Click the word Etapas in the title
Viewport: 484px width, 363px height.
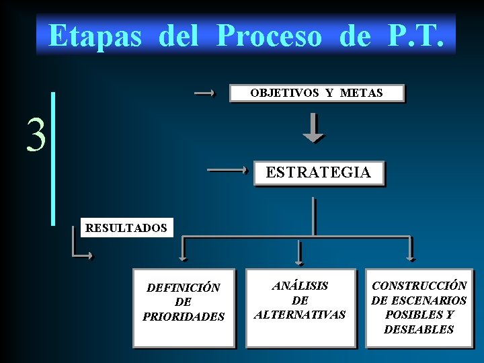point(95,36)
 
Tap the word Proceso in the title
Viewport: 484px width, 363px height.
point(269,36)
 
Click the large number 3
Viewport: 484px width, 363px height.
point(36,134)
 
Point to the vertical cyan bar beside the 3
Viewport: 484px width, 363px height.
point(53,158)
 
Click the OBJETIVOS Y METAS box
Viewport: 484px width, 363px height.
point(317,93)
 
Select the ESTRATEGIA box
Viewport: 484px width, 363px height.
point(319,173)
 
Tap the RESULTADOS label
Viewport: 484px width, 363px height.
point(126,228)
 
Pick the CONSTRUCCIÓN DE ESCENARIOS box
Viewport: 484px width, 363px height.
point(419,308)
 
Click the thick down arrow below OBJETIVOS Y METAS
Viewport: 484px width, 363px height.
point(313,128)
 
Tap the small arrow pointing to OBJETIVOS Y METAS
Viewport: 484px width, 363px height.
point(204,93)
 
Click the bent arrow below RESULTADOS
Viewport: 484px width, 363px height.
point(80,246)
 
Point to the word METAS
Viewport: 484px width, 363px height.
point(361,93)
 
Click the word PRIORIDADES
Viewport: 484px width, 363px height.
point(184,316)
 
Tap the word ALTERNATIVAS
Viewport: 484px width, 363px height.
point(300,314)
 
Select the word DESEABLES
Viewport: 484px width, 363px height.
point(419,329)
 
